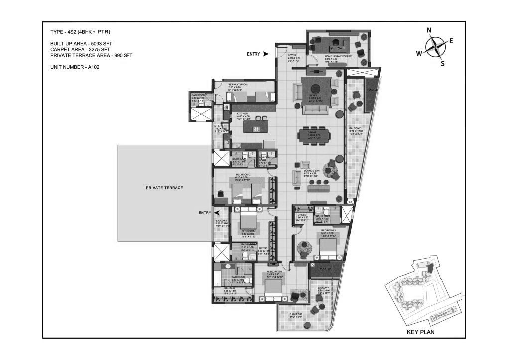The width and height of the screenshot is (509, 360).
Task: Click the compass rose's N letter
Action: pyautogui.click(x=429, y=30)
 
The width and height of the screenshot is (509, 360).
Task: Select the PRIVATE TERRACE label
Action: pyautogui.click(x=164, y=188)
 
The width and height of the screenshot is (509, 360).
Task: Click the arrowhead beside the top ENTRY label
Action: pyautogui.click(x=266, y=54)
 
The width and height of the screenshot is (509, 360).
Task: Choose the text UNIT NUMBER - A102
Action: pyautogui.click(x=75, y=67)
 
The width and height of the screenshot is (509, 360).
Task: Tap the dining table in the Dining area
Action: pyautogui.click(x=313, y=135)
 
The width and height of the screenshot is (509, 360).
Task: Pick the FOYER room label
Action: pyautogui.click(x=292, y=56)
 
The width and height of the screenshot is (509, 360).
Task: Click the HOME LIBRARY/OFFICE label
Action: pyautogui.click(x=339, y=56)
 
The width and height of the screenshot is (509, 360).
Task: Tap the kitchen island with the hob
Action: pyautogui.click(x=255, y=125)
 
